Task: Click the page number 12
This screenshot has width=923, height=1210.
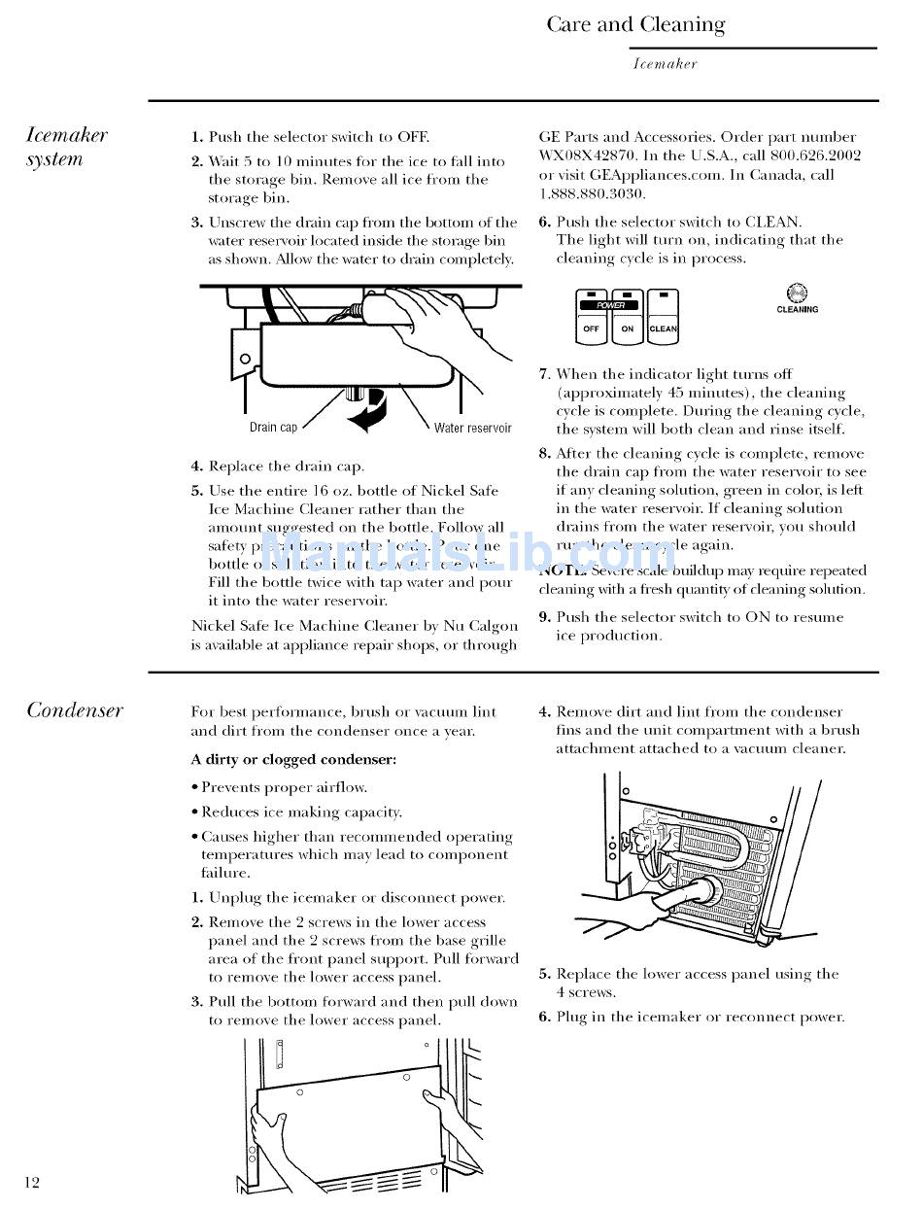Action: coord(32,1182)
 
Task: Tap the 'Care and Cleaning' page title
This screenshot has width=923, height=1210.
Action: coord(635,24)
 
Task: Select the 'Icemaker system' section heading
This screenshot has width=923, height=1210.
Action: coord(66,147)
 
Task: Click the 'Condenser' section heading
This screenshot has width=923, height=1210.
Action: coord(75,709)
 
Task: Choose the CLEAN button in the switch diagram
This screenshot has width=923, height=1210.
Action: coord(663,328)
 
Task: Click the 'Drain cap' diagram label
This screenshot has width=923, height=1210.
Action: coord(273,428)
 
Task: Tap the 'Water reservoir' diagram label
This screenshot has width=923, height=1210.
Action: coord(472,428)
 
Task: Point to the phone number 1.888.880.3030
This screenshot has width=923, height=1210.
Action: coord(589,193)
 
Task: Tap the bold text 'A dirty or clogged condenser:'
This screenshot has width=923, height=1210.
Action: coord(293,759)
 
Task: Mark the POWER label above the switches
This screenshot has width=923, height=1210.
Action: coord(610,305)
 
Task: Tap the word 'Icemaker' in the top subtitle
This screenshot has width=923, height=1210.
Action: coord(665,64)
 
